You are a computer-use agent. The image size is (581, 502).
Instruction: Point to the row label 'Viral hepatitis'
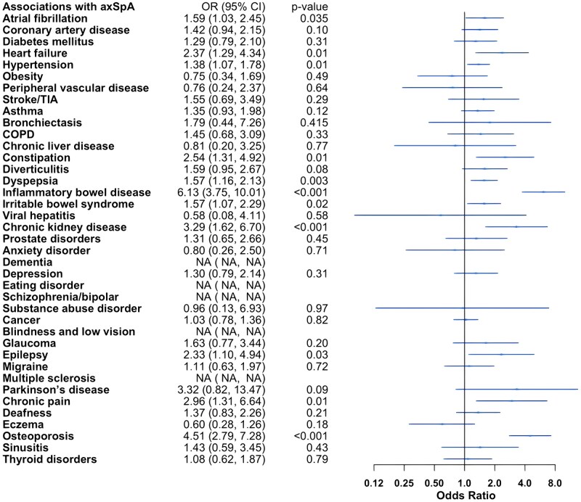pos(41,215)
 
